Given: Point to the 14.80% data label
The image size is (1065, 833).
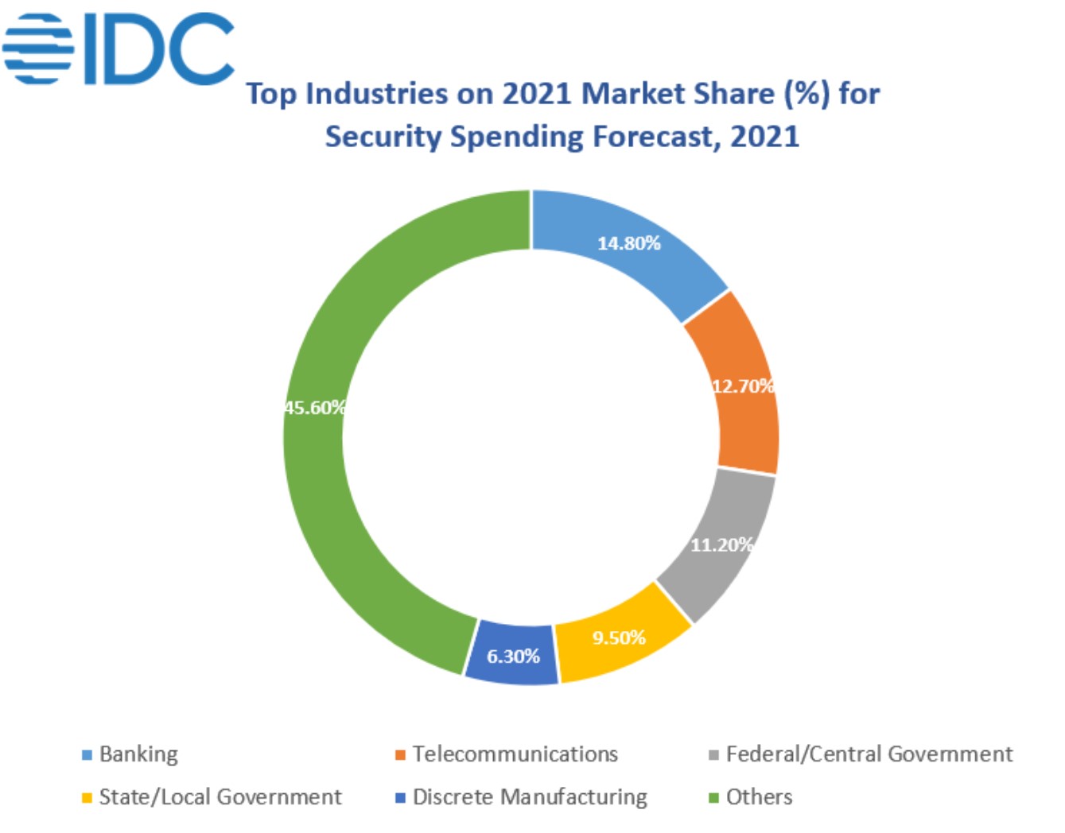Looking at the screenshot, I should click(x=628, y=243).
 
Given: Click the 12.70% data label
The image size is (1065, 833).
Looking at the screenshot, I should click(x=743, y=386).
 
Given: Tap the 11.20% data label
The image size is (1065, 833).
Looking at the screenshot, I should click(x=721, y=544).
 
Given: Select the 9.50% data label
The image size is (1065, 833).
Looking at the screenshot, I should click(x=618, y=637).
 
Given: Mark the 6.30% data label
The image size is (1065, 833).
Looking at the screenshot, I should click(x=513, y=657).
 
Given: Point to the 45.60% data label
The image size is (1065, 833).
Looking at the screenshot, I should click(x=315, y=408).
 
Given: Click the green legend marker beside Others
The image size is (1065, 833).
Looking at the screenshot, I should click(x=713, y=797).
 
